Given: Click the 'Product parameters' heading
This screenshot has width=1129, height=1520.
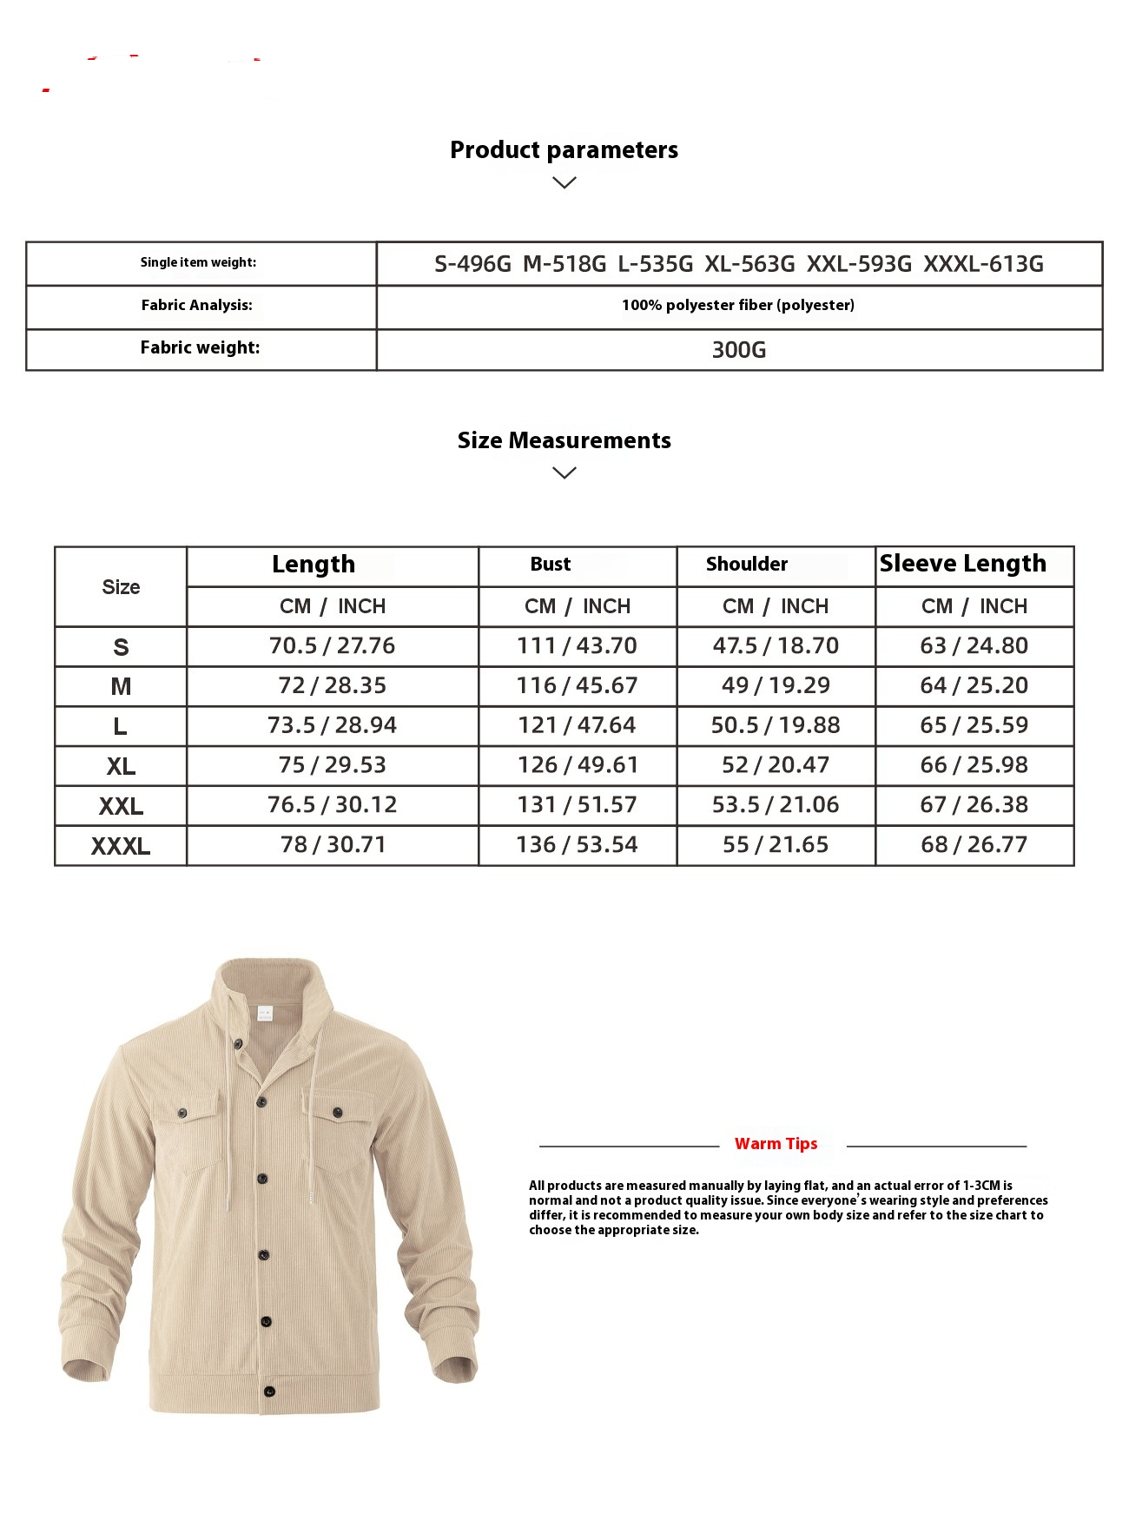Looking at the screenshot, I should pos(564,150).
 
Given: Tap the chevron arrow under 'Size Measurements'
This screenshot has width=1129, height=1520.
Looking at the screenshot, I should pos(564,473).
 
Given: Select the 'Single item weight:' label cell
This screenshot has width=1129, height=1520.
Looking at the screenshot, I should pos(199,262).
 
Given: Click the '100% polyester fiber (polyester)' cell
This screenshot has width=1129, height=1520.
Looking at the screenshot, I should pos(738,305).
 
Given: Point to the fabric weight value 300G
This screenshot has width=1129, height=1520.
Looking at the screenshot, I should pos(738,350).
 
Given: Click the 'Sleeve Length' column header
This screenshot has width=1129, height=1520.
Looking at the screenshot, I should pos(963,564).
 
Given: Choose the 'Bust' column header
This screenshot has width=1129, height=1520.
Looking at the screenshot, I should pos(551,565).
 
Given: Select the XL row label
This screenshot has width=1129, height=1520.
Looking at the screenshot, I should pos(121,767).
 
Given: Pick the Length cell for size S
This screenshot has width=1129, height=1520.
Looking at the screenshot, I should pos(332,646).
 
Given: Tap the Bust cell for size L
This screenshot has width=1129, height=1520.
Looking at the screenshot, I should pos(577,725).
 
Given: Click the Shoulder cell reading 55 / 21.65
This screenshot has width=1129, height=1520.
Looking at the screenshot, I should pos(776,845).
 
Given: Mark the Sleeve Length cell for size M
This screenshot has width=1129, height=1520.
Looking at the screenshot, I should pos(974,686).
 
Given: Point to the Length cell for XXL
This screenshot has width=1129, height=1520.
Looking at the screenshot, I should pos(332,805).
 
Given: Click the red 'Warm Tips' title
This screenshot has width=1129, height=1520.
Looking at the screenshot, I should pos(776,1144).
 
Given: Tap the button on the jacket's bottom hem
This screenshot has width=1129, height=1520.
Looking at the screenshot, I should pos(269,1391).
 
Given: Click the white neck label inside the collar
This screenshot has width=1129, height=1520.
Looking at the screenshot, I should pos(264,1013).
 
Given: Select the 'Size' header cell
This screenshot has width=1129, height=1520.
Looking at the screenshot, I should pos(121,587).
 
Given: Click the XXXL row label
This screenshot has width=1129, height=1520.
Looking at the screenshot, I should pos(121,846).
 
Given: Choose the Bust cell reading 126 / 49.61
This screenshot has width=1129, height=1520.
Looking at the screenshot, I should pos(577,765).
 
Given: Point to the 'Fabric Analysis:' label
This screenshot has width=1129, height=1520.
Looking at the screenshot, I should pos(197,305).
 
